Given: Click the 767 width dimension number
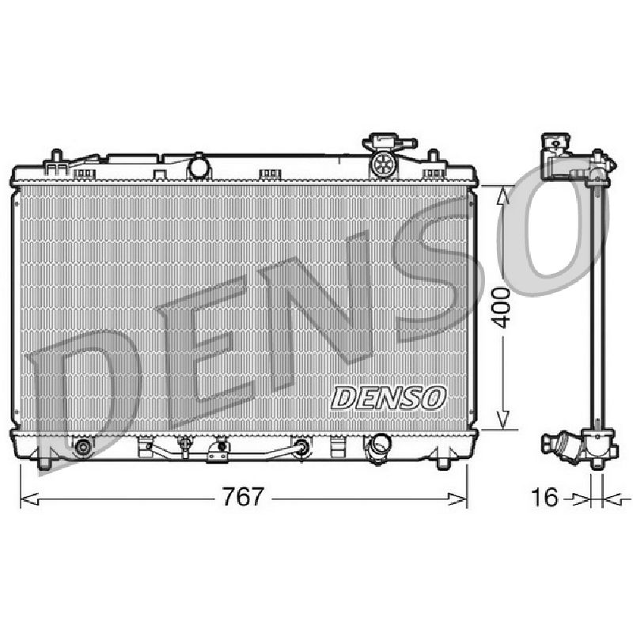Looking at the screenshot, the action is [x=243, y=497].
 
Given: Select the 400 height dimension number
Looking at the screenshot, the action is [x=502, y=307].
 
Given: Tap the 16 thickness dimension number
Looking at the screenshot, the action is [x=545, y=497].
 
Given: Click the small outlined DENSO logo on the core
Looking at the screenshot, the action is [x=389, y=398].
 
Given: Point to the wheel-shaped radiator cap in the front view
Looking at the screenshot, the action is [x=382, y=165].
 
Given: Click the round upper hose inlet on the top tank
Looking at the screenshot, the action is [x=199, y=167].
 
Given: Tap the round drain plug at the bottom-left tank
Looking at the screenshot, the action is [x=83, y=446].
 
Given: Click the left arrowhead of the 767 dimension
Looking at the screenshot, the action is [x=29, y=499].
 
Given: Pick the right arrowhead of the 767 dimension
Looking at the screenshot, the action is [x=457, y=499].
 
